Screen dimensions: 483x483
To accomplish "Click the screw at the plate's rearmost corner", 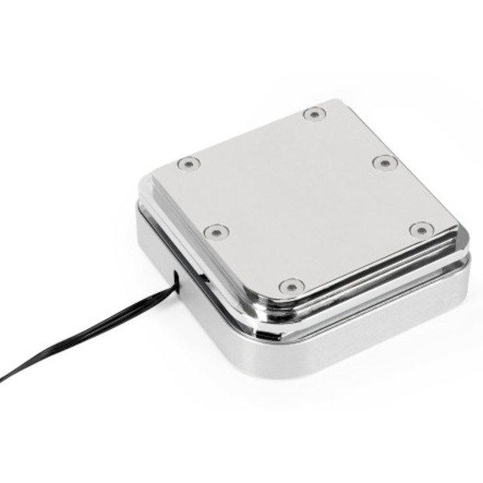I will click(x=313, y=114).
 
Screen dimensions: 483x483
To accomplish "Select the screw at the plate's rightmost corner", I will click(x=420, y=229).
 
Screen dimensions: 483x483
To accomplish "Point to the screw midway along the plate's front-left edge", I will click(x=218, y=230).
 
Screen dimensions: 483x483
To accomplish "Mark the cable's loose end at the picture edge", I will click(x=3, y=377).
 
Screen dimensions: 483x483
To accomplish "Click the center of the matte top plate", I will click(x=303, y=199).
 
